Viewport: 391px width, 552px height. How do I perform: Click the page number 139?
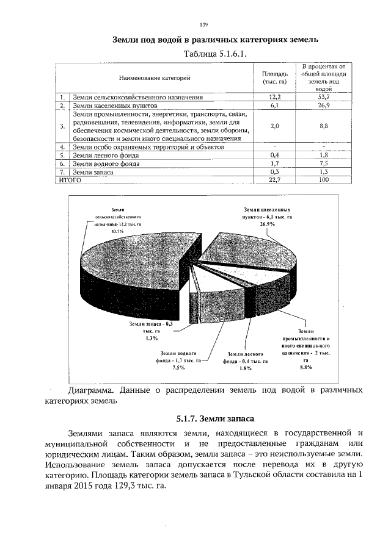pos(204,24)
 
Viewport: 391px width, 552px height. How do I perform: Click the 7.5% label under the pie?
pos(178,368)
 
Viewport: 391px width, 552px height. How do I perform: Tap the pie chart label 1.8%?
pos(246,368)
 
